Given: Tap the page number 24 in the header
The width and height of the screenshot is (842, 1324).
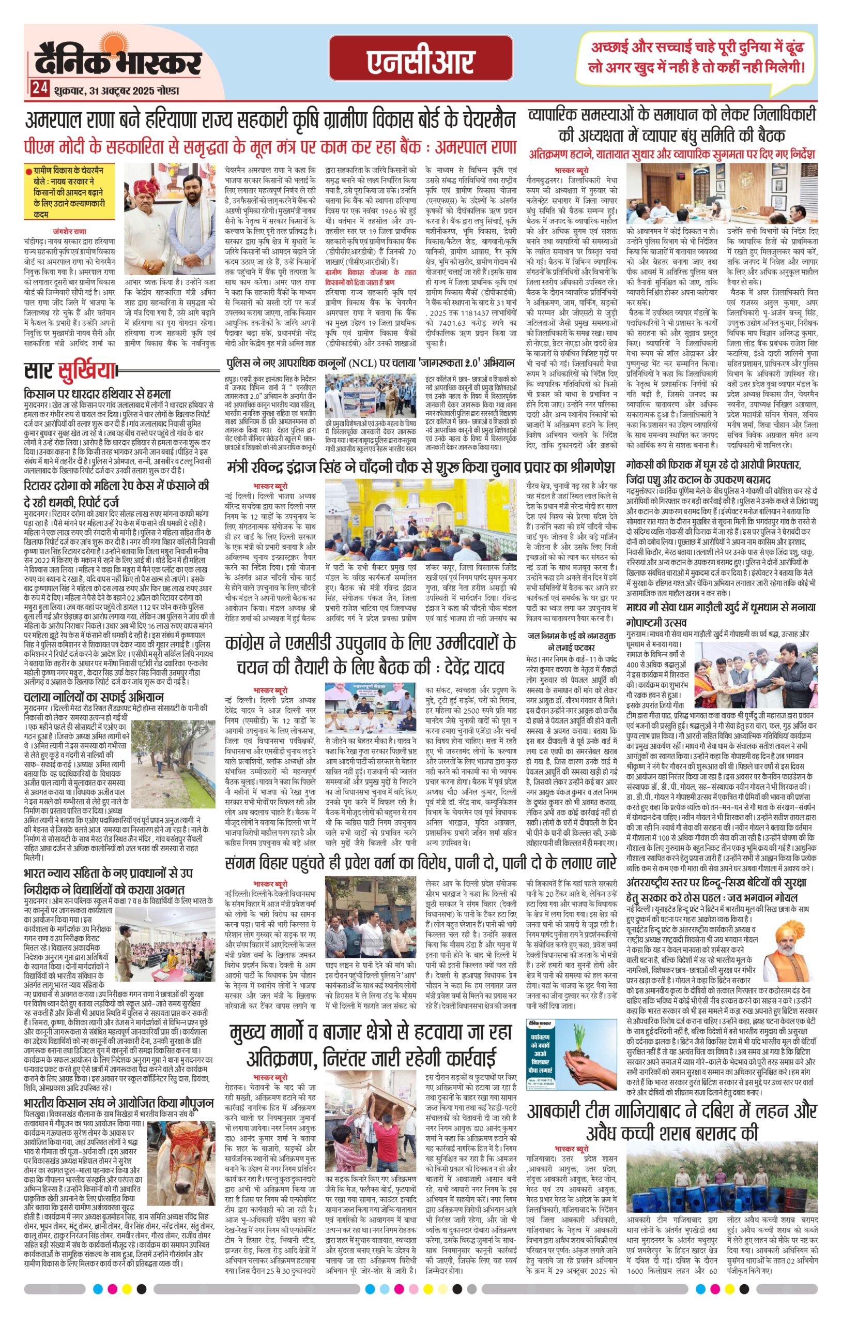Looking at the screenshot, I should click(x=38, y=89).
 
